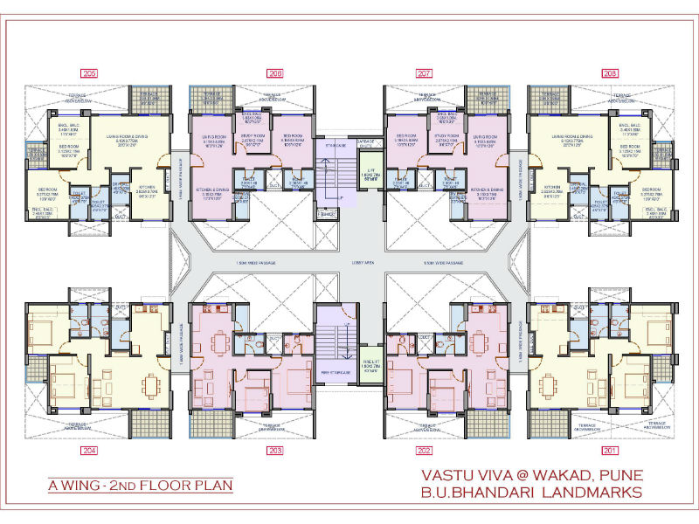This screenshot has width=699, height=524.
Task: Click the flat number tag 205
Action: point(90,73)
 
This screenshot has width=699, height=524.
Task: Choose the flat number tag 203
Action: point(275,451)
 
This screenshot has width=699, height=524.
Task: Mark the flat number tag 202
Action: point(426,451)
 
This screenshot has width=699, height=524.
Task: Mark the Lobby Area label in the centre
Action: point(349,262)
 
